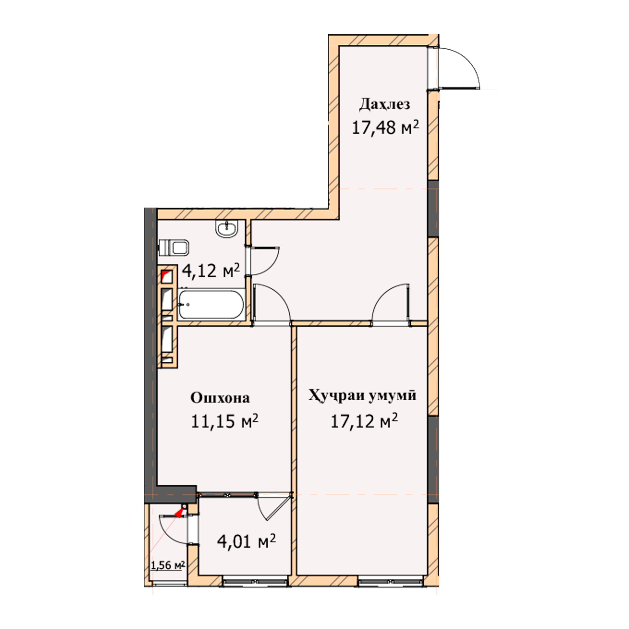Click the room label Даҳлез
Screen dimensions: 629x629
coord(385,105)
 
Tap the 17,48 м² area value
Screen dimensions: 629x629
coord(385,127)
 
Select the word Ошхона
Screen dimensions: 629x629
coord(220,398)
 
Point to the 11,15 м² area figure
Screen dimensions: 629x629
coord(225,421)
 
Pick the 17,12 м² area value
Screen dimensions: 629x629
coord(364,421)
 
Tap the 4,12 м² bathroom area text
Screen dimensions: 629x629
coord(211,270)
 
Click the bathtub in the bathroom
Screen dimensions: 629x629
coord(211,304)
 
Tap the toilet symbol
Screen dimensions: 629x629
coord(173,248)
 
